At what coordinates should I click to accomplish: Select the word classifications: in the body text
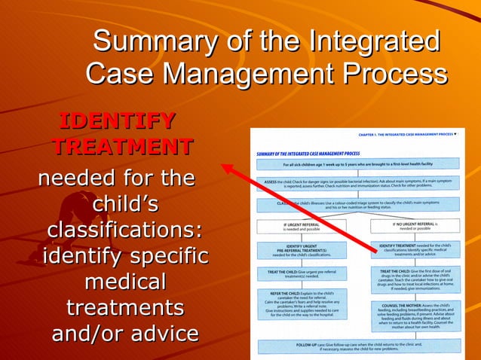124,230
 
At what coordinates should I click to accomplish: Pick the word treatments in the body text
125,308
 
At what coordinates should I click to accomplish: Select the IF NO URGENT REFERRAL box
415,227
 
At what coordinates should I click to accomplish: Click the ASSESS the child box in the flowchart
357,184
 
